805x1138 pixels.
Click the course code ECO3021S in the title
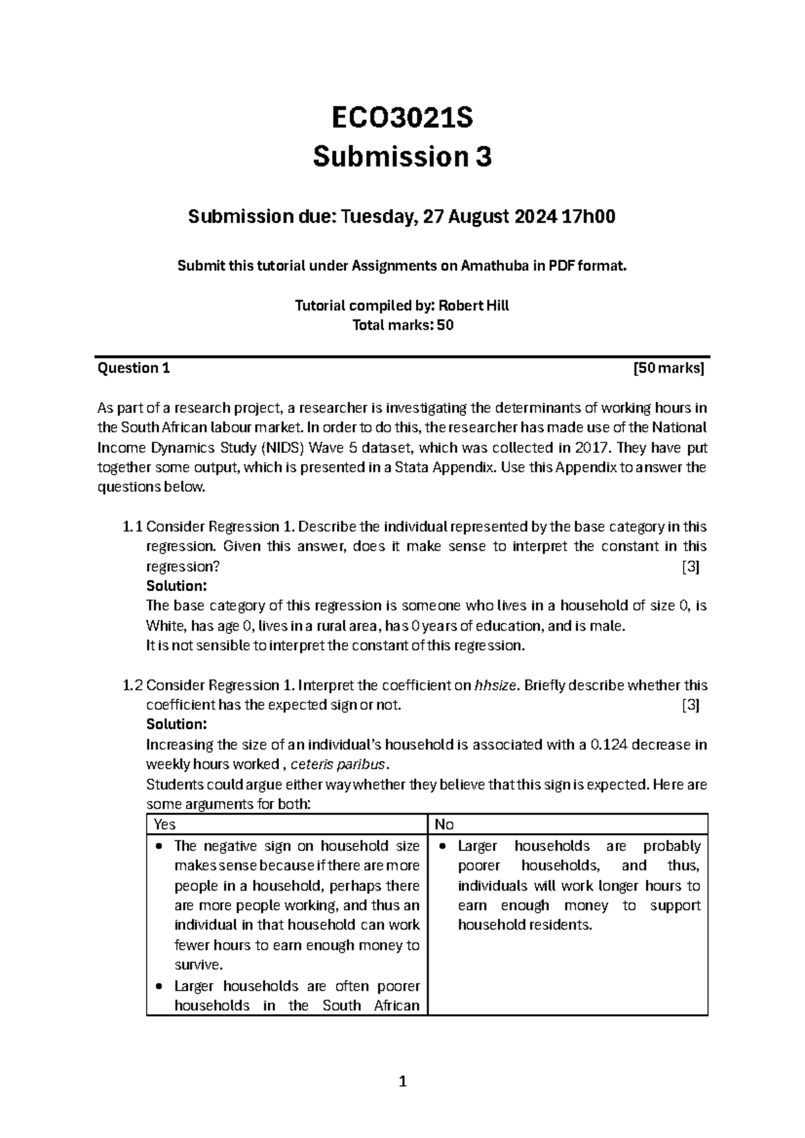402,118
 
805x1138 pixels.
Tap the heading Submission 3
402,157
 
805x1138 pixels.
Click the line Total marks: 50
402,326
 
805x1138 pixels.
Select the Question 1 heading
134,368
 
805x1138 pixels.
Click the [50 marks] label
669,368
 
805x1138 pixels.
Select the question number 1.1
133,527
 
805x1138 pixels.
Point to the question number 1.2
133,685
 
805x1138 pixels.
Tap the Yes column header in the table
164,824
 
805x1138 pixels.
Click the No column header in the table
444,824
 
